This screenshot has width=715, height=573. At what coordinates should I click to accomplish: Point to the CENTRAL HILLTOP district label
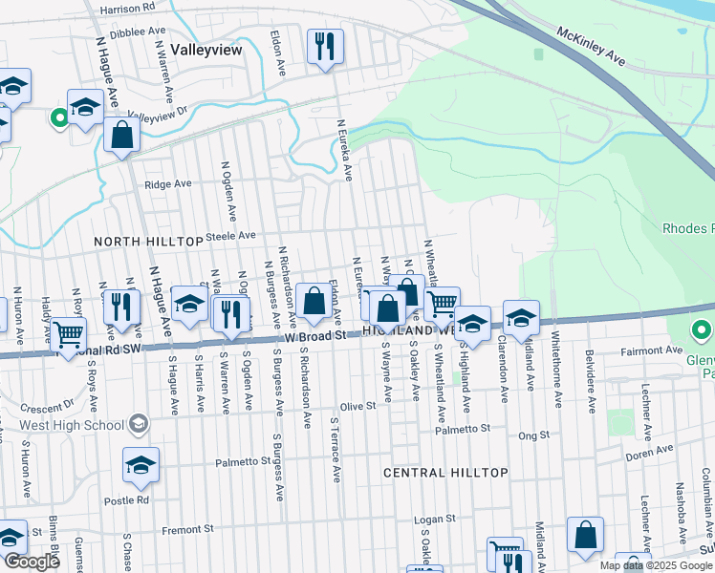(445, 473)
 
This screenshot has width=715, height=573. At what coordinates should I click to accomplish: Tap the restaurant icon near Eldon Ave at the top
(324, 47)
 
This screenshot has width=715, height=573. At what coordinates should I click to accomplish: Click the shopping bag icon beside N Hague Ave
(122, 137)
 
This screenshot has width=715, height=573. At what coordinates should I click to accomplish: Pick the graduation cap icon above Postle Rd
(141, 466)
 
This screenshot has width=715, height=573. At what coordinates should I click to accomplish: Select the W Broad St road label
(315, 337)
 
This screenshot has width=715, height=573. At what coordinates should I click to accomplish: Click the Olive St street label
(357, 406)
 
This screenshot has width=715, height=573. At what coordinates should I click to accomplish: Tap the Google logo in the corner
(32, 562)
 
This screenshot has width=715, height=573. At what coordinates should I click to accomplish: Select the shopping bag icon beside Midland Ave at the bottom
(585, 536)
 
